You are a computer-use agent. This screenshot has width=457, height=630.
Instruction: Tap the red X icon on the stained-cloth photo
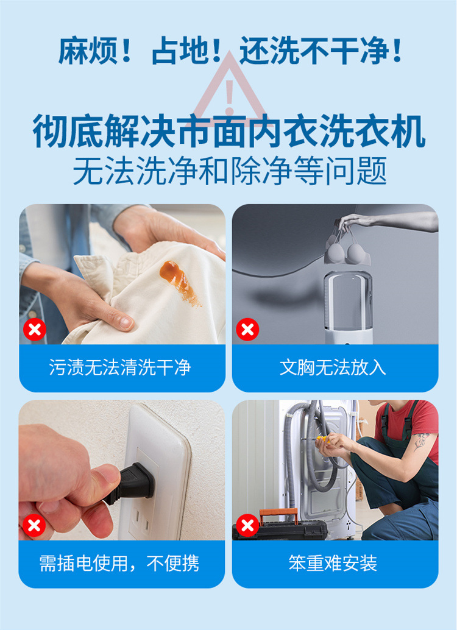tap(35, 330)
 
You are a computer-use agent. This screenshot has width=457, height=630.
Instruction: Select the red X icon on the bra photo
tap(247, 330)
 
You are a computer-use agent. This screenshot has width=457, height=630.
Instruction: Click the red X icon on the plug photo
tap(34, 525)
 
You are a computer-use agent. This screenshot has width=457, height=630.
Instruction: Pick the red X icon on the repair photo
tap(247, 525)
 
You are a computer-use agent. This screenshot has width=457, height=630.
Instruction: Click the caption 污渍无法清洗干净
tap(120, 367)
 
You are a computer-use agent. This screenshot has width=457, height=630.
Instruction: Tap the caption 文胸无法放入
tap(333, 367)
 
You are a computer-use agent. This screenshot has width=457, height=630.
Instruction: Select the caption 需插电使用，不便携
tap(119, 563)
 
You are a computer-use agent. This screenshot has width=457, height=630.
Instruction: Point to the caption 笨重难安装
tap(333, 563)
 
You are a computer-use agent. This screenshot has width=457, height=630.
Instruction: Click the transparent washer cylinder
tap(348, 306)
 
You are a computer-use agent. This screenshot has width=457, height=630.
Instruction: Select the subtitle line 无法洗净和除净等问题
tap(230, 171)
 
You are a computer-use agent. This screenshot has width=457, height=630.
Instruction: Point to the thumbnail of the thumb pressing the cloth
tap(126, 322)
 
